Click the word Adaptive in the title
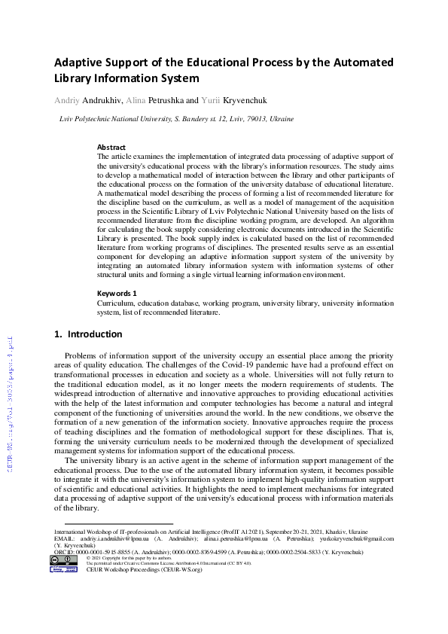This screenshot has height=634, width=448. (79, 62)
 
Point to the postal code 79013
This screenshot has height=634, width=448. (252, 119)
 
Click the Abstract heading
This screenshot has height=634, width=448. (111, 148)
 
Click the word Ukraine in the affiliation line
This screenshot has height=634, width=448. (281, 119)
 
